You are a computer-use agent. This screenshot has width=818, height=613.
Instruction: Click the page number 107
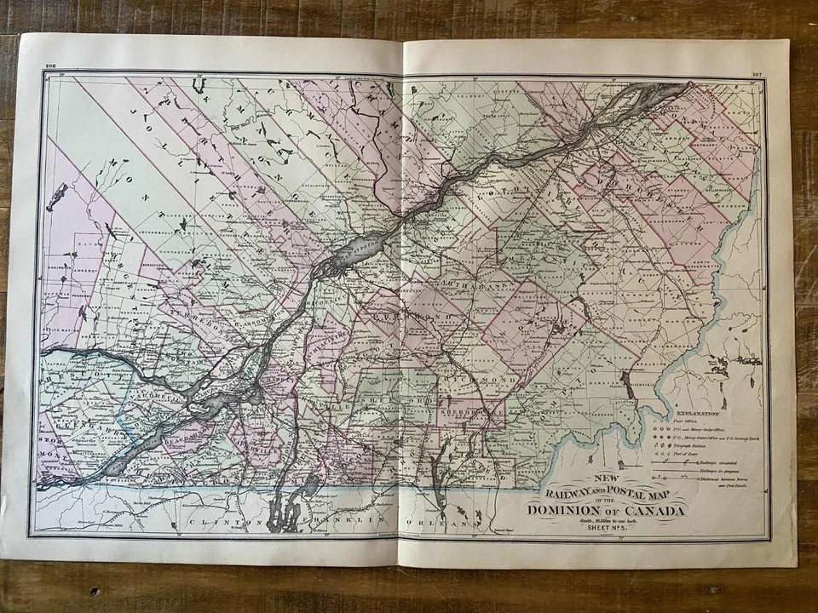point(757,74)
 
